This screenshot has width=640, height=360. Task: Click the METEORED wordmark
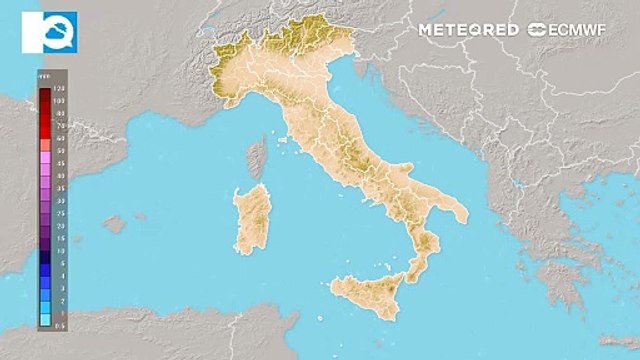[468, 30]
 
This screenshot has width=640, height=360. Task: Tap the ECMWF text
[581, 30]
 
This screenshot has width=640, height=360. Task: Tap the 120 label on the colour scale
[60, 91]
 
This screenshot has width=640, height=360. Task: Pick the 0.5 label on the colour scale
[60, 323]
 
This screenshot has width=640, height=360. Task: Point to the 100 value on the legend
[60, 102]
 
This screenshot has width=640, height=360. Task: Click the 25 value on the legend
[60, 213]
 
